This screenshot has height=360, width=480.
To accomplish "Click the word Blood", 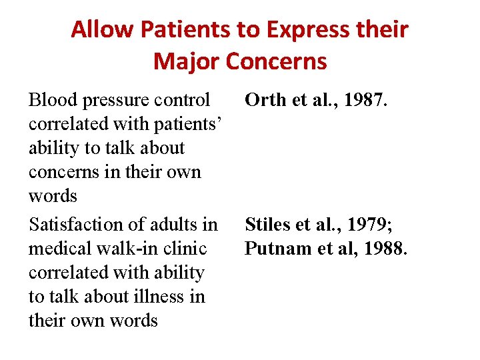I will [51, 100].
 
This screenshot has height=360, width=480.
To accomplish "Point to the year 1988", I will [383, 249].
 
